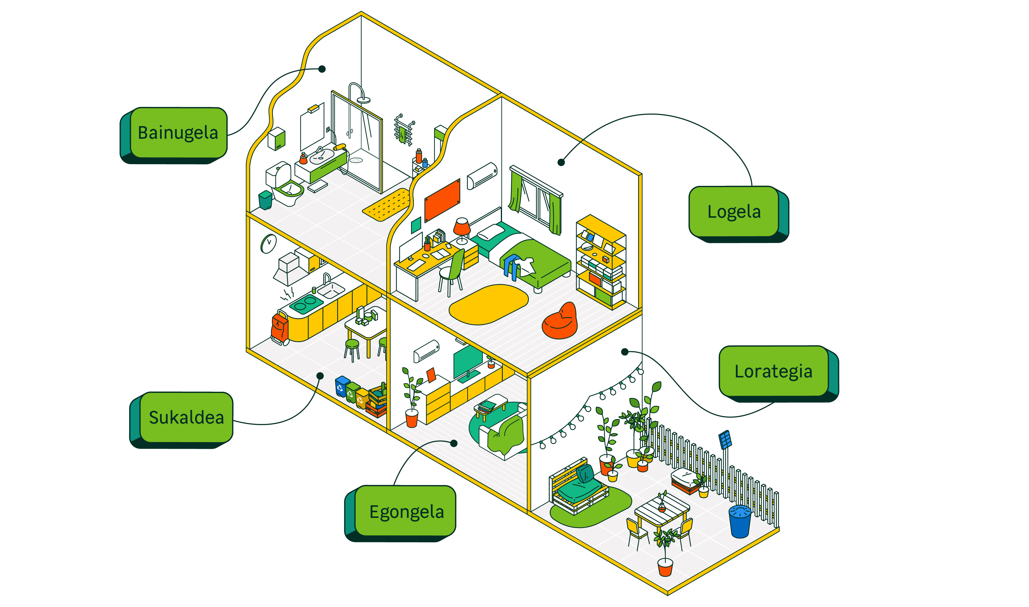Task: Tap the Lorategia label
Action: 773,371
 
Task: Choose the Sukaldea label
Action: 186,417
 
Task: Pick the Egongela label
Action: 406,511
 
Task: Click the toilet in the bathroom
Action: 285,186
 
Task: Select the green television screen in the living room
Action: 467,361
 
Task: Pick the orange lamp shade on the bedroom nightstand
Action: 462,226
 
